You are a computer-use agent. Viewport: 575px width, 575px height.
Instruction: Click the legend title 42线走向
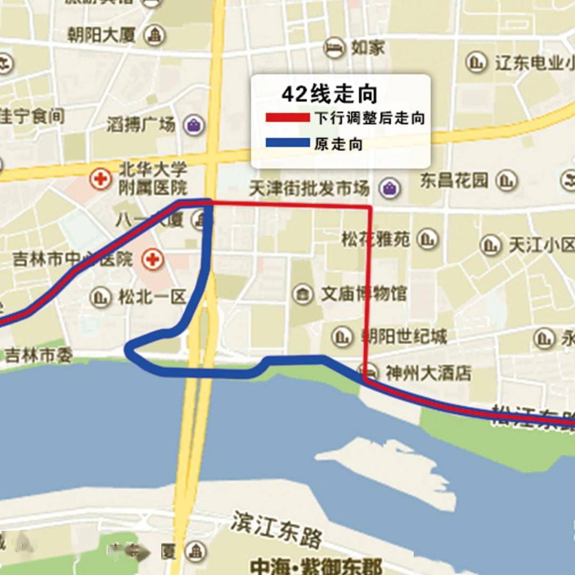pyautogui.click(x=329, y=95)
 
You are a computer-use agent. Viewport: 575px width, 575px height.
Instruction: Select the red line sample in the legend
pyautogui.click(x=288, y=118)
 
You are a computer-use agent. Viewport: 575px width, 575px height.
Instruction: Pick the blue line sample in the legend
pyautogui.click(x=288, y=143)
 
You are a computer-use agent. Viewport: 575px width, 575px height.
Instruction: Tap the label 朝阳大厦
pyautogui.click(x=102, y=36)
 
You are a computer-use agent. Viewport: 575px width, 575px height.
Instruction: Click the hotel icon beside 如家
pyautogui.click(x=334, y=48)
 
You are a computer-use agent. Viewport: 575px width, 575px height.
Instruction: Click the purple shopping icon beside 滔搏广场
pyautogui.click(x=193, y=125)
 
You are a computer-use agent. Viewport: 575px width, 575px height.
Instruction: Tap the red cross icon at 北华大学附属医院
pyautogui.click(x=100, y=179)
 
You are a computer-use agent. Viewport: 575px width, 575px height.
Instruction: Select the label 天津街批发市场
pyautogui.click(x=309, y=188)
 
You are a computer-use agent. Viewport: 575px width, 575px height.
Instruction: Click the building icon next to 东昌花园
pyautogui.click(x=506, y=180)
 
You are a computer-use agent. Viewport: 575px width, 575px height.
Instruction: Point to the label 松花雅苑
pyautogui.click(x=376, y=239)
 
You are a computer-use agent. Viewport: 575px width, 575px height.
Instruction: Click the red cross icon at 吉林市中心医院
pyautogui.click(x=152, y=260)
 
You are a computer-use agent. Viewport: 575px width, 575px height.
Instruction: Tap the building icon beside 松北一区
pyautogui.click(x=100, y=297)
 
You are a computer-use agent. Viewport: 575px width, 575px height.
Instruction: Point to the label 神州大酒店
pyautogui.click(x=428, y=373)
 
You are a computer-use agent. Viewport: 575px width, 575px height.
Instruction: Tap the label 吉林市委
pyautogui.click(x=38, y=355)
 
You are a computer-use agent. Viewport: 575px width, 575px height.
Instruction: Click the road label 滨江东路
pyautogui.click(x=277, y=528)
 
